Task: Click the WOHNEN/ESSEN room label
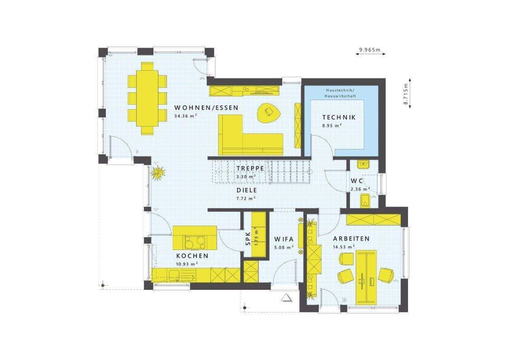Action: (206, 108)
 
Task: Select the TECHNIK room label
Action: (338, 117)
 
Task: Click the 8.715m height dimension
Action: (405, 93)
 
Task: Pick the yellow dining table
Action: (147, 98)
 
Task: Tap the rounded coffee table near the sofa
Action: (269, 112)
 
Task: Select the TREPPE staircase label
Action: (250, 168)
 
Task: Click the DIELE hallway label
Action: (247, 190)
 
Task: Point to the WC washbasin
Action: (362, 165)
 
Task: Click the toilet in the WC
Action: (365, 201)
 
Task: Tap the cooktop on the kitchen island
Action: (195, 242)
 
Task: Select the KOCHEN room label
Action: (192, 256)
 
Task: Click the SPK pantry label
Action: (248, 239)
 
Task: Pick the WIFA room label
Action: (284, 239)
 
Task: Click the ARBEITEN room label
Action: (351, 239)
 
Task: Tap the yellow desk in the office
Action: (366, 277)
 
